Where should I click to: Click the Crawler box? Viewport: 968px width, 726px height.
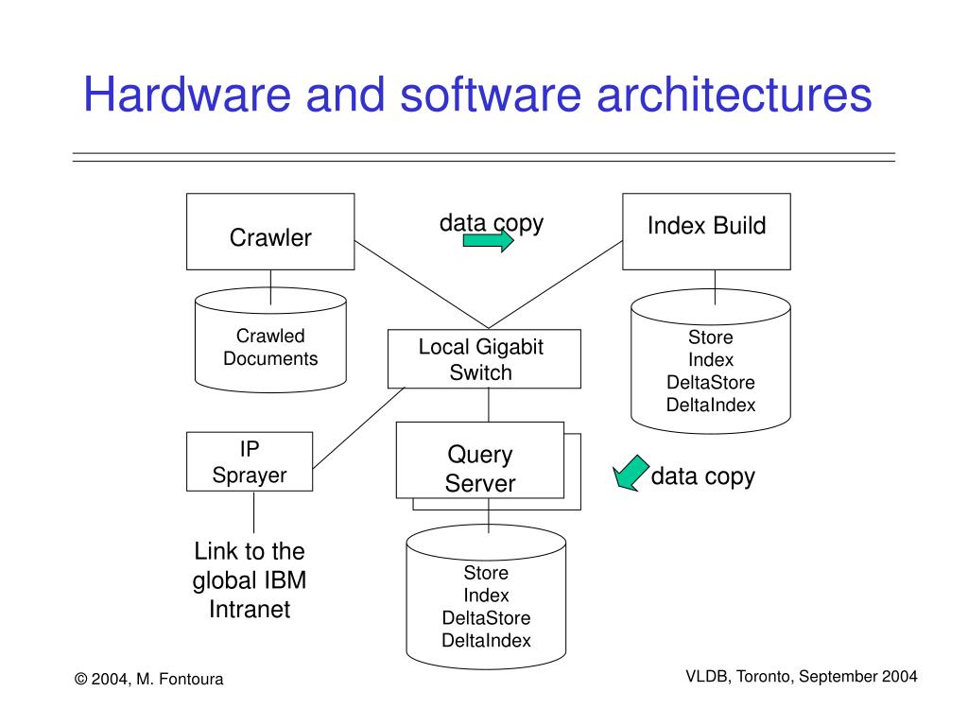point(270,232)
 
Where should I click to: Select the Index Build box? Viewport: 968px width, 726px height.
point(706,232)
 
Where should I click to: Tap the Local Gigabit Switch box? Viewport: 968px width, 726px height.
point(484,358)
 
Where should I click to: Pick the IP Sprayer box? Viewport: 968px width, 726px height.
point(250,461)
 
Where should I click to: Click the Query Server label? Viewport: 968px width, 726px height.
point(479,469)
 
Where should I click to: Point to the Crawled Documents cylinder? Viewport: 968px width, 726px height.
point(270,339)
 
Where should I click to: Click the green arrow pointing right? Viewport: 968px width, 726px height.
point(489,240)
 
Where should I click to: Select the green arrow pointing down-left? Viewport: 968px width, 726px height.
point(630,474)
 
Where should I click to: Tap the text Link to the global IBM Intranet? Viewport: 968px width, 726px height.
point(250,579)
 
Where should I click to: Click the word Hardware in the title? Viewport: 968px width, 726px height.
point(187,95)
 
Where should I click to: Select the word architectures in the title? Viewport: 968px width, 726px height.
point(734,95)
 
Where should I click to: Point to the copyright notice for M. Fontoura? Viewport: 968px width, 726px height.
point(148,679)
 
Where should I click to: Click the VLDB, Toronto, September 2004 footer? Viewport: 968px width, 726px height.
point(802,677)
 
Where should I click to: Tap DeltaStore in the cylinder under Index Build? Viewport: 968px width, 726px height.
point(711,382)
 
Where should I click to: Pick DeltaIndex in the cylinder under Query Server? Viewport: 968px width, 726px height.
point(486,640)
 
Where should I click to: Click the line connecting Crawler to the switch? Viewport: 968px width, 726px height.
point(422,285)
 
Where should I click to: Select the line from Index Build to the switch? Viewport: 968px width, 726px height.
point(556,285)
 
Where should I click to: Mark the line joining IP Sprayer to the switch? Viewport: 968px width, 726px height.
point(358,428)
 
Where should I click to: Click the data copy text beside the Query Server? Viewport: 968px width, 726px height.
point(702,476)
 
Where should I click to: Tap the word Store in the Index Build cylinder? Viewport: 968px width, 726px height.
point(711,337)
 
